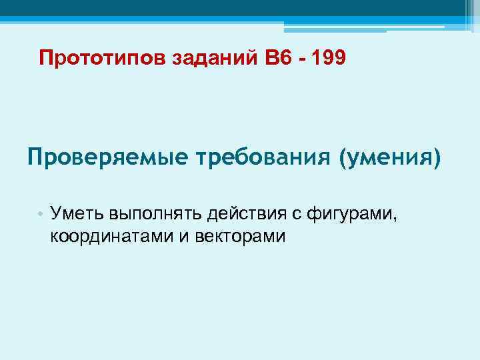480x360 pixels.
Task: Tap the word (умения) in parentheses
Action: [390, 160]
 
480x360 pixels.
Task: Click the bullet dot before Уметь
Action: [41, 215]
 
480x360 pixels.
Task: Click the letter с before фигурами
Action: [303, 215]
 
